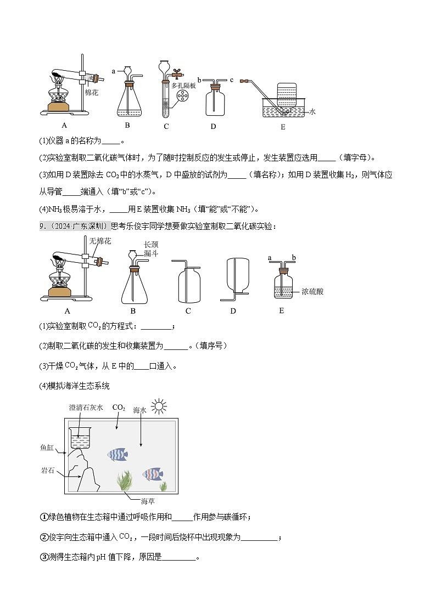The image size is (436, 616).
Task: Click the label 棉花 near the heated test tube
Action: tap(91, 93)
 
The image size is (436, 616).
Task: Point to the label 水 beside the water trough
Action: tap(312, 111)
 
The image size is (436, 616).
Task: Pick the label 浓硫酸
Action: tap(312, 291)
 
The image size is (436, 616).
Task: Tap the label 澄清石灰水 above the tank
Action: tap(86, 408)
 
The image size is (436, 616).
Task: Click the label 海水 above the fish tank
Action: tap(140, 410)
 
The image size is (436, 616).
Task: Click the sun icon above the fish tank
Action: tap(159, 406)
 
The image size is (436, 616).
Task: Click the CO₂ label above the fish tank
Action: tap(119, 408)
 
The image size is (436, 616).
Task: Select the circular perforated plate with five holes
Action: tap(182, 99)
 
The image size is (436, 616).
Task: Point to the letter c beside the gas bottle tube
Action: tap(232, 80)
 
